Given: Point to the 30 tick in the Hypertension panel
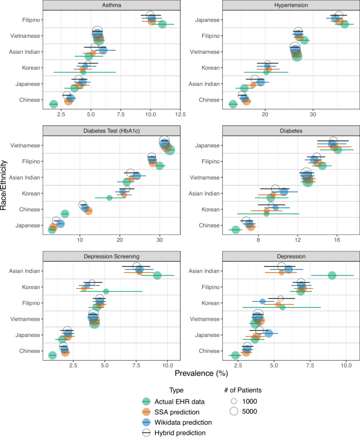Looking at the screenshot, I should tap(313, 114).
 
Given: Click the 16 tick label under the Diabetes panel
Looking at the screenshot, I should tap(337, 240).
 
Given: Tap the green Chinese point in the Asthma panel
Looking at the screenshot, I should tap(53, 105).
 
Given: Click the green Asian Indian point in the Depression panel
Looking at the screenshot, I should tap(332, 275).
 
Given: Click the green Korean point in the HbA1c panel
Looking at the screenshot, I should tap(109, 198).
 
